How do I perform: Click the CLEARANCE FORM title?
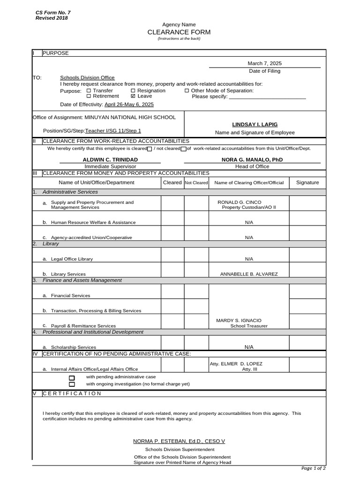[179, 32]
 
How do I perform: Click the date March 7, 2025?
[264, 63]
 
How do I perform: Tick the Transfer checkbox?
[89, 90]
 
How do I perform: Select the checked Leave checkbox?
[133, 96]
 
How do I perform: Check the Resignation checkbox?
[133, 90]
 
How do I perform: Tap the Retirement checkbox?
[89, 96]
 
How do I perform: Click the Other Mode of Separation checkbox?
[187, 90]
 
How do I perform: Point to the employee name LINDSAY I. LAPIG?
[255, 124]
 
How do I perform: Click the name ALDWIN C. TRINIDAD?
[110, 160]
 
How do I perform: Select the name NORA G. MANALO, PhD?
[252, 160]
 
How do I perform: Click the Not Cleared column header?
[196, 183]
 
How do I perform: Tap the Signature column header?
[307, 182]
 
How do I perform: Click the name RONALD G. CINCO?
[239, 202]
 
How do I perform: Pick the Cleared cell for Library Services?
[172, 270]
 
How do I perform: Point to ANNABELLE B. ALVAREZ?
[249, 274]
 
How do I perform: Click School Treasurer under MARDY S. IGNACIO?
[248, 326]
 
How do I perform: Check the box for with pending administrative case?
[72, 377]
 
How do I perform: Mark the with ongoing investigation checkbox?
[72, 384]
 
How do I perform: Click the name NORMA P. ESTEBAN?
[160, 441]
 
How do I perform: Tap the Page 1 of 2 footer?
[313, 468]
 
